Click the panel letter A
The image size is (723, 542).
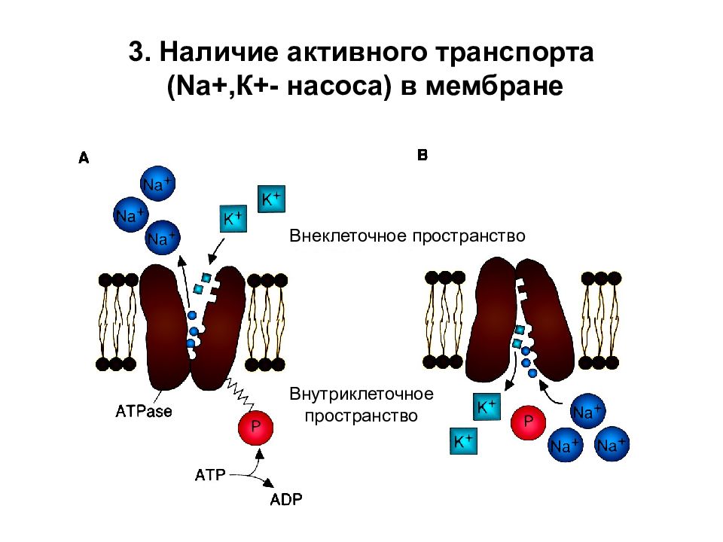pyautogui.click(x=84, y=158)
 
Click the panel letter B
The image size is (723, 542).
pyautogui.click(x=423, y=155)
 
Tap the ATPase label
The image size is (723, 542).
pyautogui.click(x=143, y=411)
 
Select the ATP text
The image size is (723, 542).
pyautogui.click(x=210, y=475)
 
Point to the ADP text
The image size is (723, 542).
pyautogui.click(x=286, y=499)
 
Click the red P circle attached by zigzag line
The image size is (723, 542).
pyautogui.click(x=255, y=428)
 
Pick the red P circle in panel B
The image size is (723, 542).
pyautogui.click(x=529, y=422)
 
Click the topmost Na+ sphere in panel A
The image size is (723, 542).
pyautogui.click(x=157, y=184)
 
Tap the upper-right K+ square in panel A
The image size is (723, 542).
pyautogui.click(x=271, y=199)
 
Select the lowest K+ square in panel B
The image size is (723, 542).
pyautogui.click(x=463, y=441)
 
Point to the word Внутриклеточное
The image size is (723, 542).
pyautogui.click(x=361, y=394)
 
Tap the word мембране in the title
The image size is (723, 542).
pyautogui.click(x=494, y=86)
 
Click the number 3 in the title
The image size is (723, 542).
pyautogui.click(x=137, y=51)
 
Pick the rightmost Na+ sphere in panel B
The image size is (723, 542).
pyautogui.click(x=612, y=444)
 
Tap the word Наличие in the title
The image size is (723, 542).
pyautogui.click(x=219, y=51)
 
